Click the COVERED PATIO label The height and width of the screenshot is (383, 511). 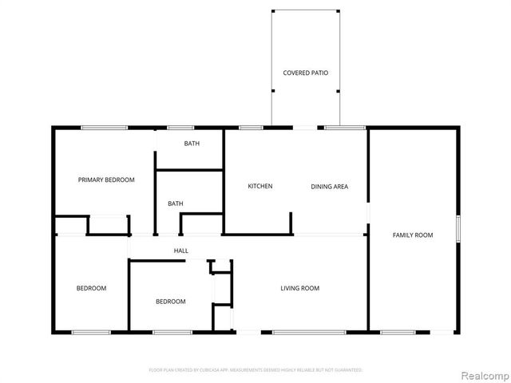306,73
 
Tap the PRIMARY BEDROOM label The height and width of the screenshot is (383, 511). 106,180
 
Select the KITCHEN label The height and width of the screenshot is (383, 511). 260,187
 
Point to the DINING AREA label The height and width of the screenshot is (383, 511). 329,187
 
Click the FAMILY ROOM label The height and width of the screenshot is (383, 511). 413,235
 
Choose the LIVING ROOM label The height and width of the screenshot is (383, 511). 299,288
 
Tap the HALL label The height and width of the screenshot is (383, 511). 181,251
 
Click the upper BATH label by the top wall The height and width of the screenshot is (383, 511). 192,144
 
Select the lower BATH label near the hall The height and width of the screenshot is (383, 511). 175,203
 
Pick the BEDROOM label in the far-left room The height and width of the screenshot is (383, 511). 92,288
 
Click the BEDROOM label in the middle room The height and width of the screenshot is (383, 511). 170,302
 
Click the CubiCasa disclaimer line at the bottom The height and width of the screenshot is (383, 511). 255,370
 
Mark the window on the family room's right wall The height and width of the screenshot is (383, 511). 458,228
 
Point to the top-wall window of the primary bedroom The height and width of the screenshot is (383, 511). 104,128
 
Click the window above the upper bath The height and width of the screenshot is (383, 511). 180,128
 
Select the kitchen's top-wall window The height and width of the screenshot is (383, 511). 252,128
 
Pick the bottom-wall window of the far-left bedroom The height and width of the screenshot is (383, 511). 91,331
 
